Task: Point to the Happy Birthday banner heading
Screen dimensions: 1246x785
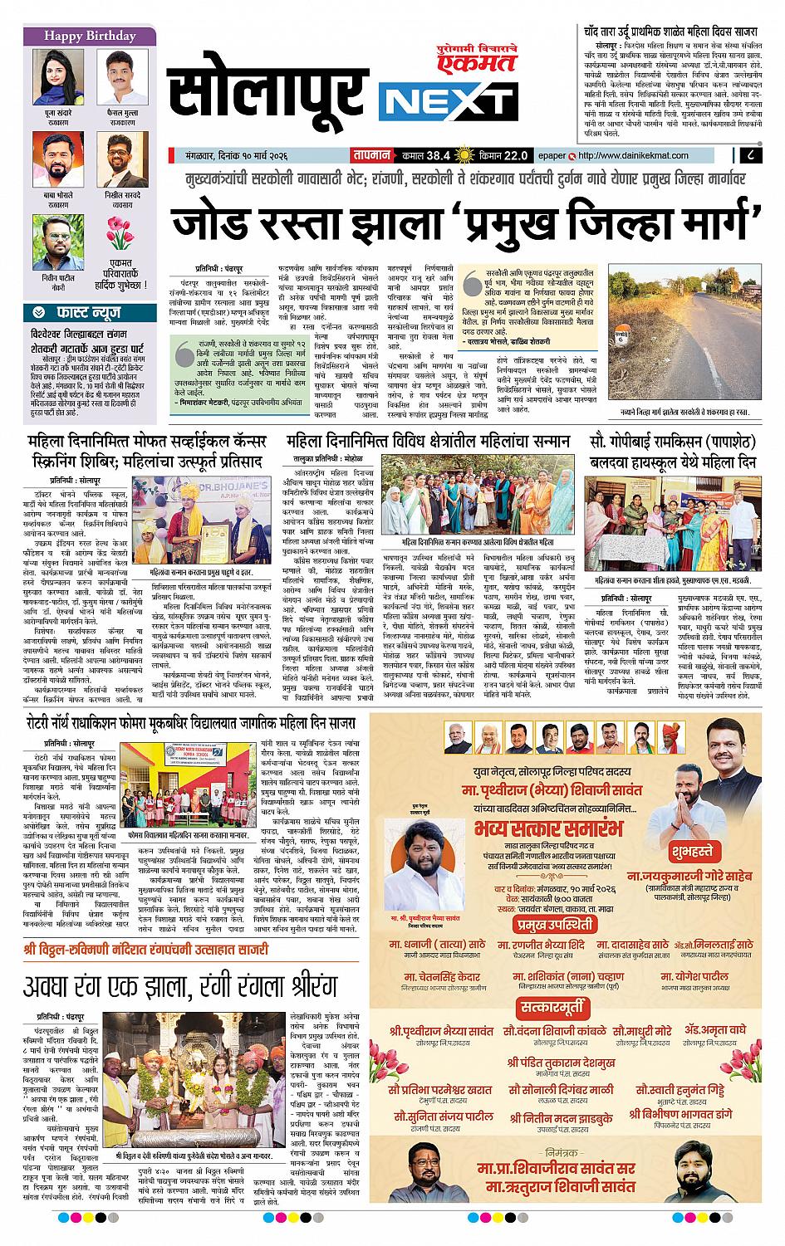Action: [90, 37]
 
